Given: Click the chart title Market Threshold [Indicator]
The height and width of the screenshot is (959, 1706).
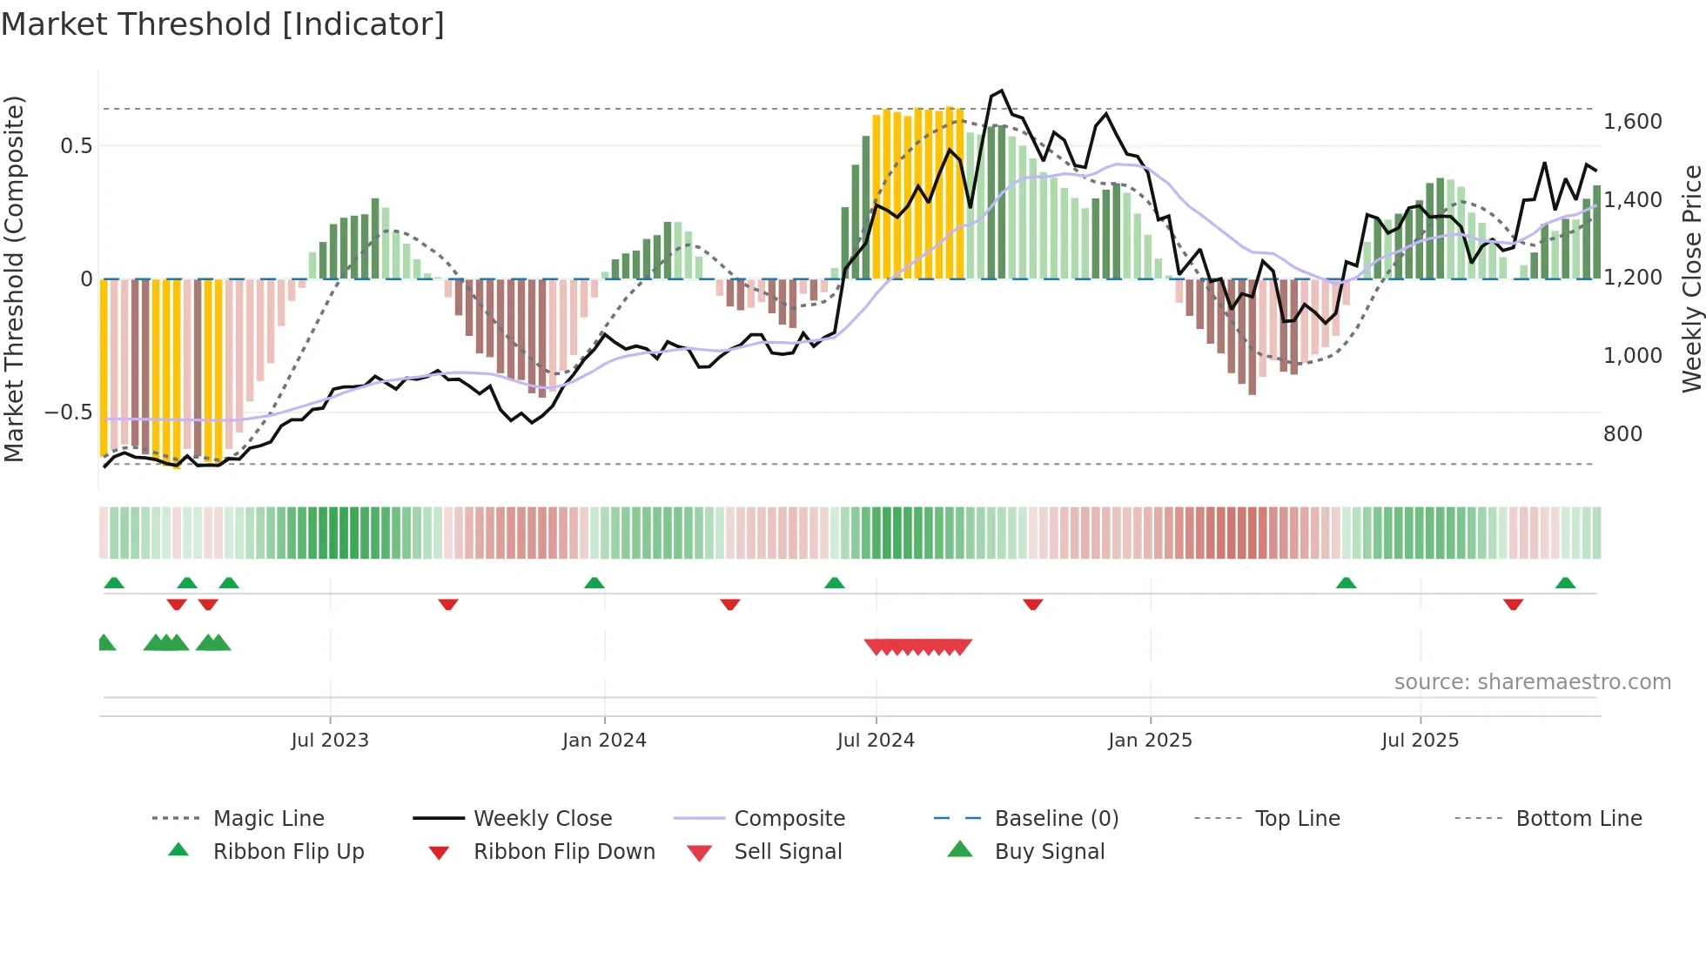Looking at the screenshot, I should pyautogui.click(x=223, y=24).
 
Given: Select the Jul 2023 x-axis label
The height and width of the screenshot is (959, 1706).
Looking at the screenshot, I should pyautogui.click(x=330, y=741).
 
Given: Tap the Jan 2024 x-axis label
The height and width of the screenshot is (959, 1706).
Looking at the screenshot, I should pyautogui.click(x=604, y=741).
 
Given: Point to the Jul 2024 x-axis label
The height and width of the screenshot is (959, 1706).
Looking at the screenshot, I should pyautogui.click(x=876, y=741).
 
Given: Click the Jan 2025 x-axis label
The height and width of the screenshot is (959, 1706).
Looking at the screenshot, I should pyautogui.click(x=1150, y=741).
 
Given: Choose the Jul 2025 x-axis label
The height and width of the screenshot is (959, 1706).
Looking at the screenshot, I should pyautogui.click(x=1420, y=741).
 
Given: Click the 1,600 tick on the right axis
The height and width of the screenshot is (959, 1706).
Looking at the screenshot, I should pyautogui.click(x=1632, y=122).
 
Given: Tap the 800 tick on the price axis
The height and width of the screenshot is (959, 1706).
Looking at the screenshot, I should pyautogui.click(x=1622, y=434).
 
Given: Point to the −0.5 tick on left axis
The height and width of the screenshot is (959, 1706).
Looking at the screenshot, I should pyautogui.click(x=69, y=412).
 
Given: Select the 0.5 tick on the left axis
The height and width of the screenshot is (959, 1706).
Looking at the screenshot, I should pyautogui.click(x=77, y=146).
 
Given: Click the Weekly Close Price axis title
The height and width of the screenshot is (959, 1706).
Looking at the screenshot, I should pyautogui.click(x=1691, y=278).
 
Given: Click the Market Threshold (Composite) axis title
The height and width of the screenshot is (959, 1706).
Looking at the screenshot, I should pyautogui.click(x=14, y=278).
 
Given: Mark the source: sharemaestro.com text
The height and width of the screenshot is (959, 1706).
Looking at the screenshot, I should pyautogui.click(x=1532, y=682).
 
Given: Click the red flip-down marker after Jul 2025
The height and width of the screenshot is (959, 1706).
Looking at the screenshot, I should pyautogui.click(x=1513, y=604).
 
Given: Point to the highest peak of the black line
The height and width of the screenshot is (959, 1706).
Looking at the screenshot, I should pyautogui.click(x=1002, y=91).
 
